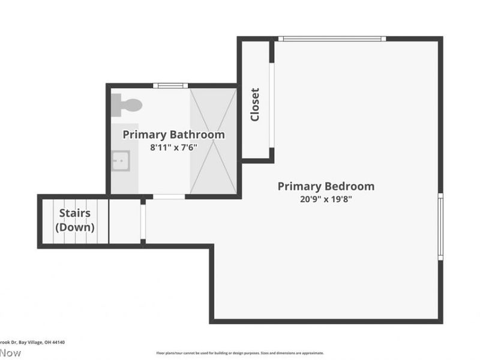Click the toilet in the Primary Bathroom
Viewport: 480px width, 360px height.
[x=127, y=106]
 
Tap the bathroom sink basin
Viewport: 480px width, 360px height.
[x=120, y=160]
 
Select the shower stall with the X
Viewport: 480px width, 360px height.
[x=213, y=141]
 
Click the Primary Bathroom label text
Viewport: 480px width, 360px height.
[x=173, y=134]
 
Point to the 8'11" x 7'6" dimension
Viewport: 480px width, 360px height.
[x=173, y=147]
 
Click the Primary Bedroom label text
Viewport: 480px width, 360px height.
[x=326, y=186]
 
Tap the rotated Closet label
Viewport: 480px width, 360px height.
[x=255, y=104]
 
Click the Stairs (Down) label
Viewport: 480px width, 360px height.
[x=74, y=220]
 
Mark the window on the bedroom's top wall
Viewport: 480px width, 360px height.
[x=332, y=39]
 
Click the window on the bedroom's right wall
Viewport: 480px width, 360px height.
[x=440, y=226]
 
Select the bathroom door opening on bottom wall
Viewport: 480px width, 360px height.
[x=169, y=196]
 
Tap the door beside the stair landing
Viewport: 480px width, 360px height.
[x=143, y=223]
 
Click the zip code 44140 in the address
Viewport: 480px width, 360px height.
[x=58, y=342]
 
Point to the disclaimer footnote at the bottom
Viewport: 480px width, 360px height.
[x=240, y=353]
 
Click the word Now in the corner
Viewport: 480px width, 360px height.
[x=10, y=353]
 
